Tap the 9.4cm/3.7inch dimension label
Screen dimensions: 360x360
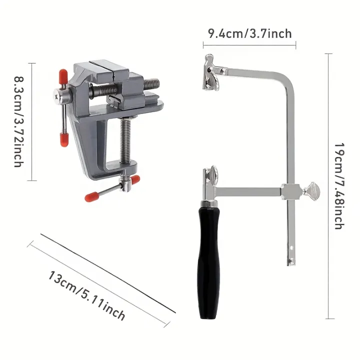pos(249,33)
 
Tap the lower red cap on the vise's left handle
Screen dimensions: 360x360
pos(64,139)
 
